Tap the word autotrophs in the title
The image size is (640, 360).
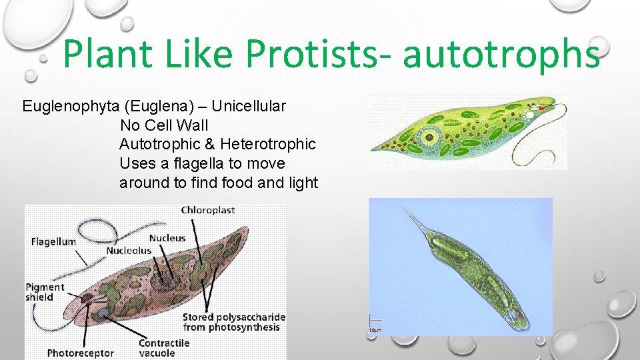coord(501,55)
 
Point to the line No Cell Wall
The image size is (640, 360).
coord(163,125)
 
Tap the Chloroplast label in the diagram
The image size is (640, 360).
coord(208,210)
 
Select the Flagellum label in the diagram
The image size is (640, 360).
coord(53,242)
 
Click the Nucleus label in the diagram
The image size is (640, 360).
coord(167,238)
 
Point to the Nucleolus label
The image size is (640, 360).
coord(129,251)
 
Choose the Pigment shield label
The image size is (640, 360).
coord(45,292)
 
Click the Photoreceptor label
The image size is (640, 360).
coord(80,353)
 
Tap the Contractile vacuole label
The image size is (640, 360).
coord(164,347)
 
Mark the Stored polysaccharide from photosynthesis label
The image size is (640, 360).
coord(234,322)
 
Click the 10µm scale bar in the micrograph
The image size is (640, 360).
coord(374,325)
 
